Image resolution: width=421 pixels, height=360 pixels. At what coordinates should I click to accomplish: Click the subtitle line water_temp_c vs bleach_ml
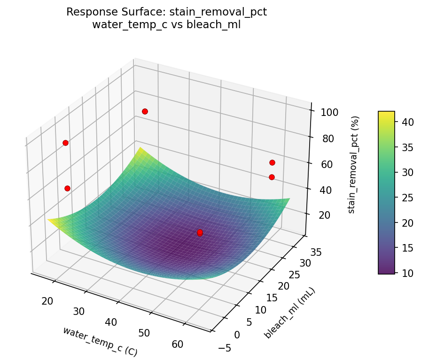click(166, 25)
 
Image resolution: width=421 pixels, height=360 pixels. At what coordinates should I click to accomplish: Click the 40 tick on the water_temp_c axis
click(111, 322)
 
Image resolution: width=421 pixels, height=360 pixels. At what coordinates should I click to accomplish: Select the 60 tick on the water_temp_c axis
click(177, 344)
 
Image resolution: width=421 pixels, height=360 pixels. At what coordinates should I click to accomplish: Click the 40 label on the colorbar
click(406, 123)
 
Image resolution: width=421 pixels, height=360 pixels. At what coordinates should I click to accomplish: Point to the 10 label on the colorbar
click(406, 272)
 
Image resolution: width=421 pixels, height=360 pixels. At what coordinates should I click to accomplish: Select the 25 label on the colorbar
click(406, 198)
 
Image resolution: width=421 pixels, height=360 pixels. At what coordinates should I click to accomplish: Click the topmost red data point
click(145, 111)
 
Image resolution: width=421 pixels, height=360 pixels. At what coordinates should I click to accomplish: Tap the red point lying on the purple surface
click(200, 232)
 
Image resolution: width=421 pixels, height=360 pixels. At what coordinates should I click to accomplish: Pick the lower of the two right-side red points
click(272, 177)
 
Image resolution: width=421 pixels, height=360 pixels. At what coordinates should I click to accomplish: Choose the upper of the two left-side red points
click(65, 143)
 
